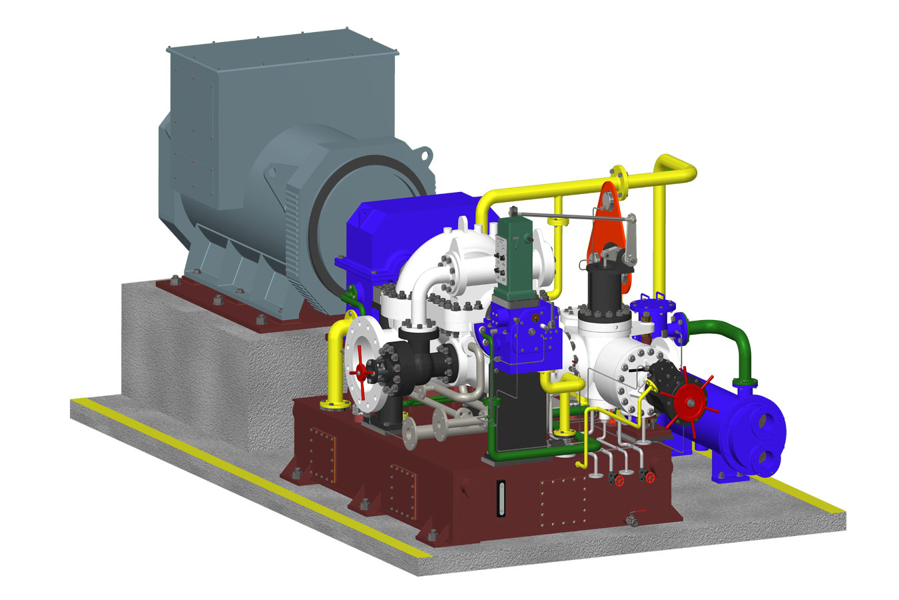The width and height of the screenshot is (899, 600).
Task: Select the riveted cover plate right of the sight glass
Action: coord(563,500)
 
